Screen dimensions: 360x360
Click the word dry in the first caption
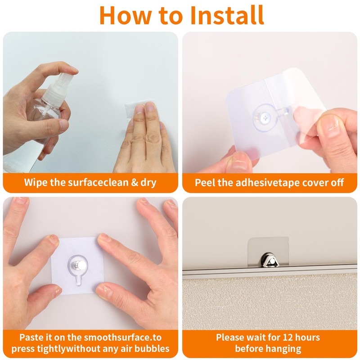pos(148,182)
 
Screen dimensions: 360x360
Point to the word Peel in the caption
pos(204,182)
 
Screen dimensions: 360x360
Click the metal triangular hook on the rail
pos(269,260)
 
